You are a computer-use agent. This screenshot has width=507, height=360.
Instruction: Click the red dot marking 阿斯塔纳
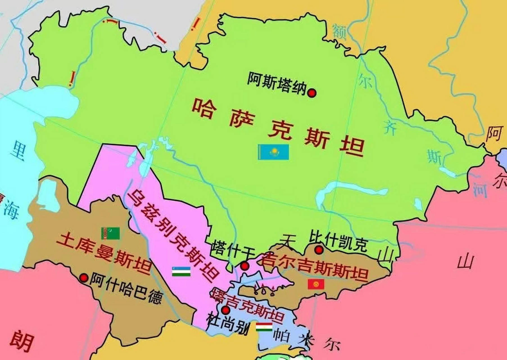[312, 93]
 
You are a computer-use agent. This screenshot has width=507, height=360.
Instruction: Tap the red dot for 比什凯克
[319, 250]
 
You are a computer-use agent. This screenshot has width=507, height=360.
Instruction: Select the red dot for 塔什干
[245, 266]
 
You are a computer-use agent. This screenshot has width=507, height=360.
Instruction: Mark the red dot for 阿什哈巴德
[84, 278]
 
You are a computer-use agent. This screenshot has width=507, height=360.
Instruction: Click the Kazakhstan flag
[273, 152]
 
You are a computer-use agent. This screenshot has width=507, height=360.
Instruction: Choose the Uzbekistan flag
[181, 271]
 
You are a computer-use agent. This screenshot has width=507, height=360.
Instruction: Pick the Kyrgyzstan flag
[316, 284]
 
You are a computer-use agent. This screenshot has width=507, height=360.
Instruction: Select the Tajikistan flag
[264, 327]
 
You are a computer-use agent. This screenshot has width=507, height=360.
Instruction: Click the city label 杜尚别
[228, 323]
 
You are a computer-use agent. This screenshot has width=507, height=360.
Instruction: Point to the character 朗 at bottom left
[22, 341]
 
